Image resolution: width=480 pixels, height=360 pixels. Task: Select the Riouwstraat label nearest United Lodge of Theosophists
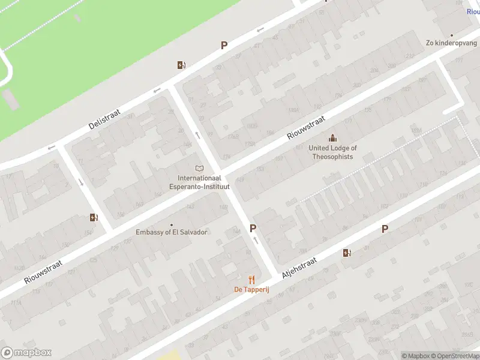[x=306, y=128]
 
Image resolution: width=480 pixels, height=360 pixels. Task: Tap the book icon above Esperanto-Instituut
[x=200, y=169]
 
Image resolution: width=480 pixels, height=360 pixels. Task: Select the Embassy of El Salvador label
[x=172, y=232]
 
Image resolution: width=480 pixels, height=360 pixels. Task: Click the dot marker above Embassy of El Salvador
[x=172, y=225]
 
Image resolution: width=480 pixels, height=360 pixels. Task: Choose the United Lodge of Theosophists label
[x=332, y=152]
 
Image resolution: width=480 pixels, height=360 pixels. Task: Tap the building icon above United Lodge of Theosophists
[x=332, y=139]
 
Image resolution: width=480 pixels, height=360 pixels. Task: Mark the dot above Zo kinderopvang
[x=452, y=35]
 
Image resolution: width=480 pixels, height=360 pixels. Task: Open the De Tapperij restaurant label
[x=251, y=290]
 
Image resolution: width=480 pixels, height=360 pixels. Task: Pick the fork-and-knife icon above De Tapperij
[x=252, y=280]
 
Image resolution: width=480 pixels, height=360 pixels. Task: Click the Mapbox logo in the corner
[x=26, y=353]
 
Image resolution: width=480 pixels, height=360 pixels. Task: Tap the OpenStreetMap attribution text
[x=451, y=356]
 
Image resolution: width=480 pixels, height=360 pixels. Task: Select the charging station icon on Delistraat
[x=181, y=65]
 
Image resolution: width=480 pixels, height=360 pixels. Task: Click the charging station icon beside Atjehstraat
[x=347, y=253]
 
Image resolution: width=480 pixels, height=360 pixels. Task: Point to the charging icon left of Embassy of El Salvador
[x=94, y=217]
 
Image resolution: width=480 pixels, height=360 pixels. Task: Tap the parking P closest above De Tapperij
[x=253, y=229]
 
